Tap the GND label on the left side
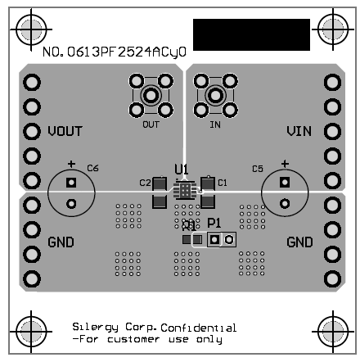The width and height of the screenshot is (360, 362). [x=61, y=242]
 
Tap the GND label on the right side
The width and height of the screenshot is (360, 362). [x=299, y=242]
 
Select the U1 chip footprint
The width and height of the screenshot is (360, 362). [x=186, y=191]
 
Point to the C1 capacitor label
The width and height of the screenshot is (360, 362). [x=222, y=181]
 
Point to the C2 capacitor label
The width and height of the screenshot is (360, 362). [x=145, y=182]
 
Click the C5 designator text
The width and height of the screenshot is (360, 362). [x=257, y=169]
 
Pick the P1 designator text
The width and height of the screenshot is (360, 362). [x=214, y=223]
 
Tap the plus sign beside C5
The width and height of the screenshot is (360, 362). [x=285, y=163]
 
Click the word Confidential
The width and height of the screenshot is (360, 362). [x=193, y=328]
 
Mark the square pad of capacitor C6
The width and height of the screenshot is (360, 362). [x=71, y=182]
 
